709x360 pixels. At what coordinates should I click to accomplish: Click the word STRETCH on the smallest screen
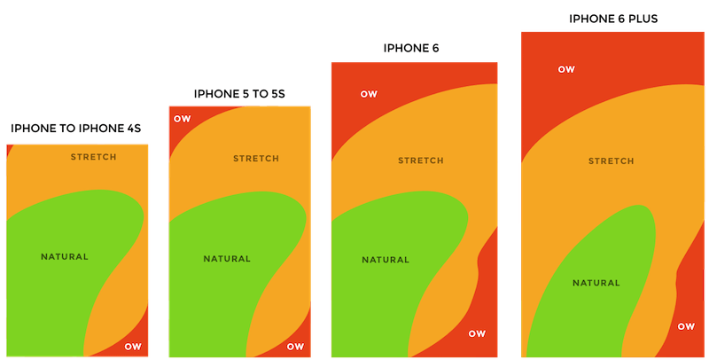(x=93, y=157)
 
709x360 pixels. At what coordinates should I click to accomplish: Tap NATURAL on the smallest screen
(x=65, y=257)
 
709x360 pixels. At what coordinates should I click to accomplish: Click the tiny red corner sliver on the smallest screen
(x=9, y=150)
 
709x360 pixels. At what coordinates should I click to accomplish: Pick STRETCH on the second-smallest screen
(x=255, y=159)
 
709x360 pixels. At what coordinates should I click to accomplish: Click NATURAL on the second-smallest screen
(x=227, y=259)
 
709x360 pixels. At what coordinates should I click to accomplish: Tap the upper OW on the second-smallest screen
(x=182, y=119)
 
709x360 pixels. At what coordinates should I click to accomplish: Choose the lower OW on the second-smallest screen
(x=295, y=346)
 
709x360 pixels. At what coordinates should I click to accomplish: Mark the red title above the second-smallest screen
(x=238, y=92)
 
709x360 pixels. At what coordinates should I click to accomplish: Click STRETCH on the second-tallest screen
(x=421, y=160)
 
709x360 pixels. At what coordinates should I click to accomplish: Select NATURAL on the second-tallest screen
(x=386, y=260)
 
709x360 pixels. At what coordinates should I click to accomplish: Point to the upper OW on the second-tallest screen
(x=369, y=94)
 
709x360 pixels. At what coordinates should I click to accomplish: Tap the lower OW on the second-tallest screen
(x=477, y=333)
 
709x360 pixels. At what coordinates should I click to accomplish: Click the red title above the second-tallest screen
(x=412, y=47)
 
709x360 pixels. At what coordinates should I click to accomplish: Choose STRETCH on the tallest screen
(x=612, y=161)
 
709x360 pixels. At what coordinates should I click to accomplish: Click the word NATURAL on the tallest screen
(x=596, y=283)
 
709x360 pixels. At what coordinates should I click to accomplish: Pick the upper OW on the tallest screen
(x=566, y=68)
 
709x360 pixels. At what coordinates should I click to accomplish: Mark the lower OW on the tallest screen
(x=686, y=326)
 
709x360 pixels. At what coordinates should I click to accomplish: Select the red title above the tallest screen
(x=613, y=17)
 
